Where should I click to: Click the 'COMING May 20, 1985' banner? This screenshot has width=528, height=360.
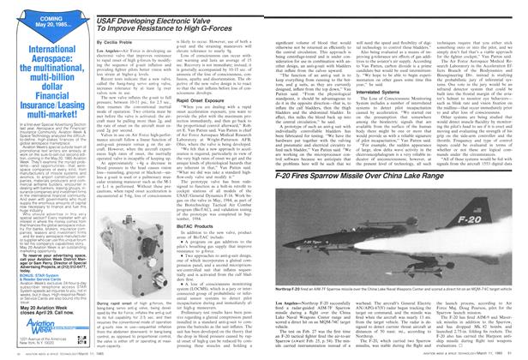[x=38, y=20]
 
